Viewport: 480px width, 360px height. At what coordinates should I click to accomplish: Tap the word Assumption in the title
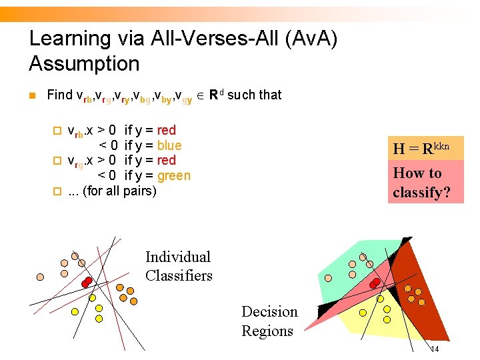pyautogui.click(x=84, y=64)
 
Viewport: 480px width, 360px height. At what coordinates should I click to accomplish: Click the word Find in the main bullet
pyautogui.click(x=59, y=95)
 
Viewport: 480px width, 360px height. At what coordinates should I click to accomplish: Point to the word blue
pyautogui.click(x=169, y=145)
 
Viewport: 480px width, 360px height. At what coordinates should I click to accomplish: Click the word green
pyautogui.click(x=174, y=176)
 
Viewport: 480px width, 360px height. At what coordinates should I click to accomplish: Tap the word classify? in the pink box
pyautogui.click(x=421, y=193)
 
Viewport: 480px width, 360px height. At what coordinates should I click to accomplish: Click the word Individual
pyautogui.click(x=178, y=257)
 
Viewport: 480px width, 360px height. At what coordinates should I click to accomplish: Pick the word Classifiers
pyautogui.click(x=179, y=275)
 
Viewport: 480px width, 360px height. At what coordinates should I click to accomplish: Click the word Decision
pyautogui.click(x=269, y=312)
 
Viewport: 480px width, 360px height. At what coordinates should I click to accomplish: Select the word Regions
pyautogui.click(x=267, y=331)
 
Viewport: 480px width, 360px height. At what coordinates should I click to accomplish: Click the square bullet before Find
pyautogui.click(x=31, y=95)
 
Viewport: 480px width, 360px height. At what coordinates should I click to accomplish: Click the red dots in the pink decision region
pyautogui.click(x=375, y=283)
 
